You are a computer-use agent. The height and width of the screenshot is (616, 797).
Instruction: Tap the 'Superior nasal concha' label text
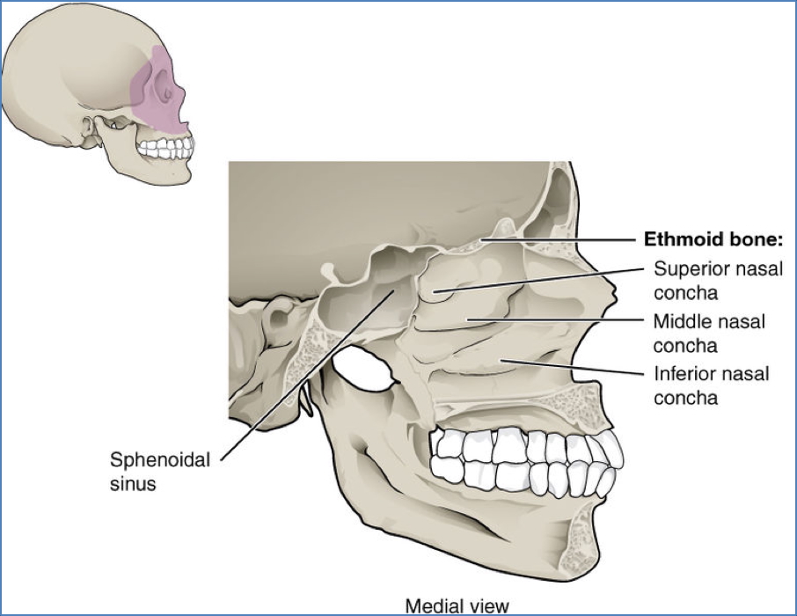pos(717,280)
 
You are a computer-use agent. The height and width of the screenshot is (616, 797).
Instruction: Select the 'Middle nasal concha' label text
pos(709,333)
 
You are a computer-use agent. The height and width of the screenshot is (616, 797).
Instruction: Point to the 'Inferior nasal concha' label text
pos(711,385)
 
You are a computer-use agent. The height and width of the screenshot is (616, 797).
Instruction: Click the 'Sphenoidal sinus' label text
pos(159,471)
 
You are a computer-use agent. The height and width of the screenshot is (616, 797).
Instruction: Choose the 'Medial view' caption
pos(456,605)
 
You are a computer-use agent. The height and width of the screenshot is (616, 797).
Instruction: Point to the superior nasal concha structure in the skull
pos(440,287)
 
